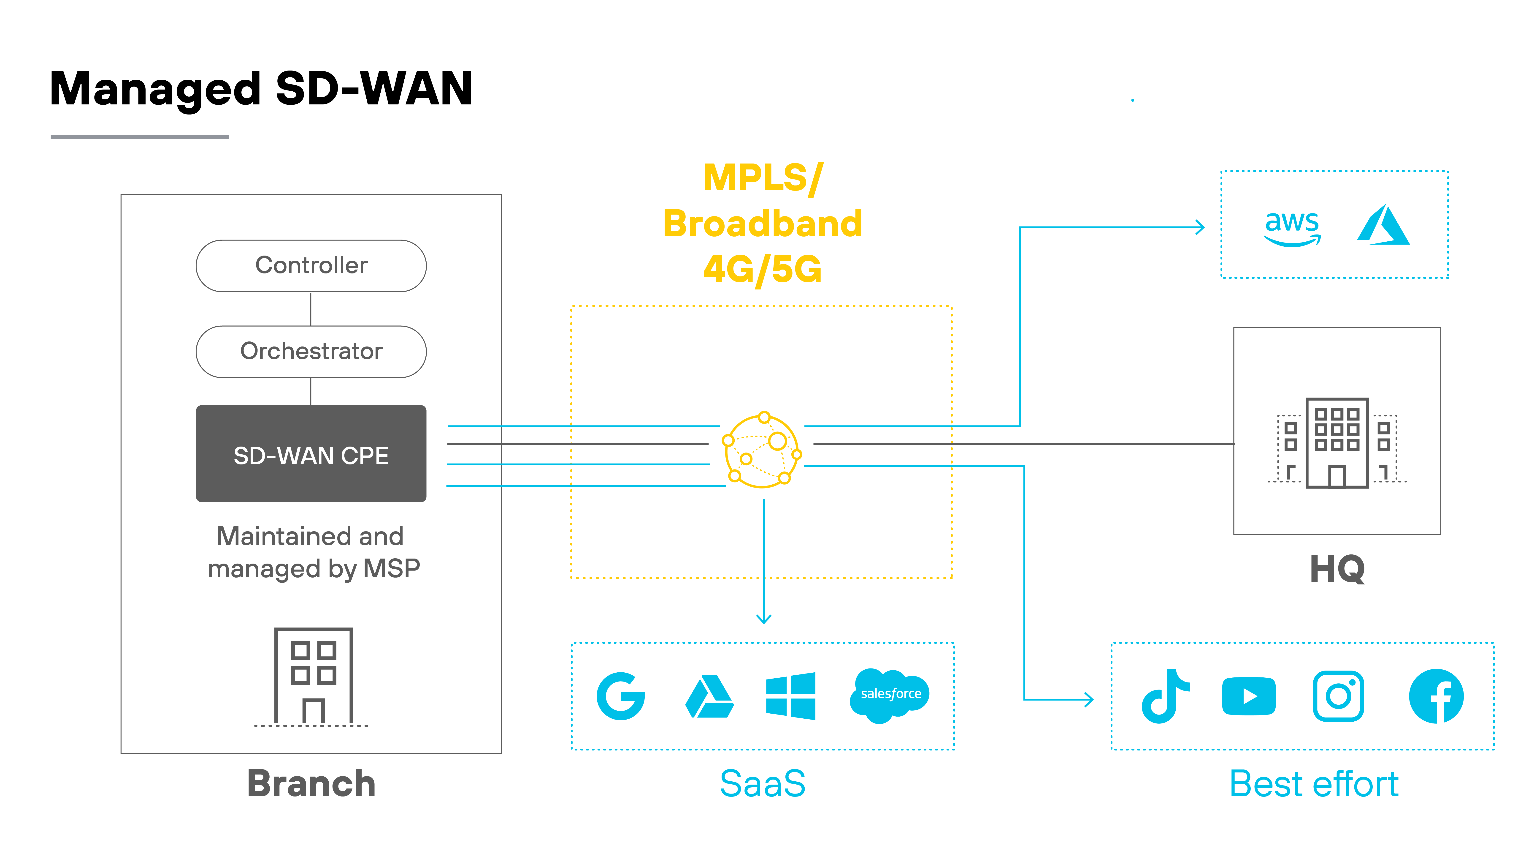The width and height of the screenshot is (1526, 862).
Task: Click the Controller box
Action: coord(311,266)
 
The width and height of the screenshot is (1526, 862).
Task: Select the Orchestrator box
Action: coord(311,352)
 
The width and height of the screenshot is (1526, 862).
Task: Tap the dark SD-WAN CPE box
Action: coord(311,454)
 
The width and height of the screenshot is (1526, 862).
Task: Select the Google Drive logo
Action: coord(709,697)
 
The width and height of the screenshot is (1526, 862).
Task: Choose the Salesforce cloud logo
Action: coord(890,695)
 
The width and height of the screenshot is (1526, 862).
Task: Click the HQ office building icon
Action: coord(1337,443)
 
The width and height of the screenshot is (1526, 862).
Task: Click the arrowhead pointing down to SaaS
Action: coord(764,618)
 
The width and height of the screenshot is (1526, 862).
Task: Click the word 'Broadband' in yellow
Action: coord(762,224)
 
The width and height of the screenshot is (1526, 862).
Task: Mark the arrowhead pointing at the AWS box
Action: coord(1200,227)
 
